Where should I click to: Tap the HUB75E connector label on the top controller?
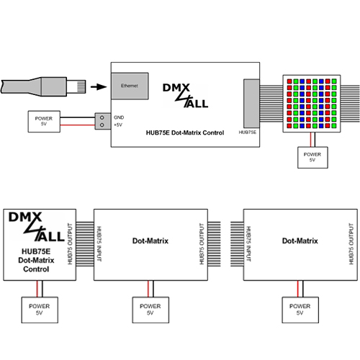pyautogui.click(x=247, y=133)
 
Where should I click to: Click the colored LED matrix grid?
pyautogui.click(x=312, y=102)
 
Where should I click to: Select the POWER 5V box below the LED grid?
pyautogui.click(x=312, y=156)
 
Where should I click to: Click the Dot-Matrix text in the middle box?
pyautogui.click(x=150, y=241)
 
